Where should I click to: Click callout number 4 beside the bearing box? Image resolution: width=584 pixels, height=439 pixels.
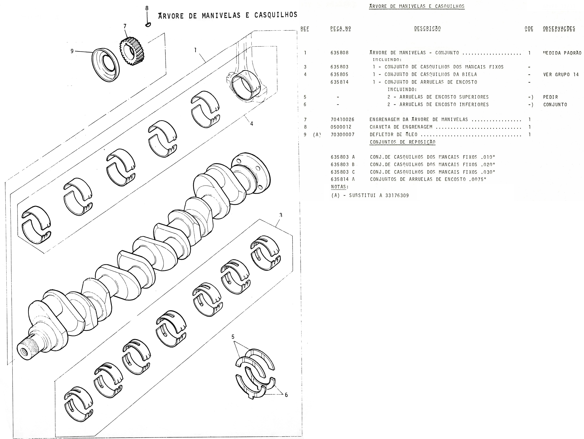[x=252, y=124]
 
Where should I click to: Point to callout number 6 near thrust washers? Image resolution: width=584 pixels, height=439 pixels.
[x=286, y=395]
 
